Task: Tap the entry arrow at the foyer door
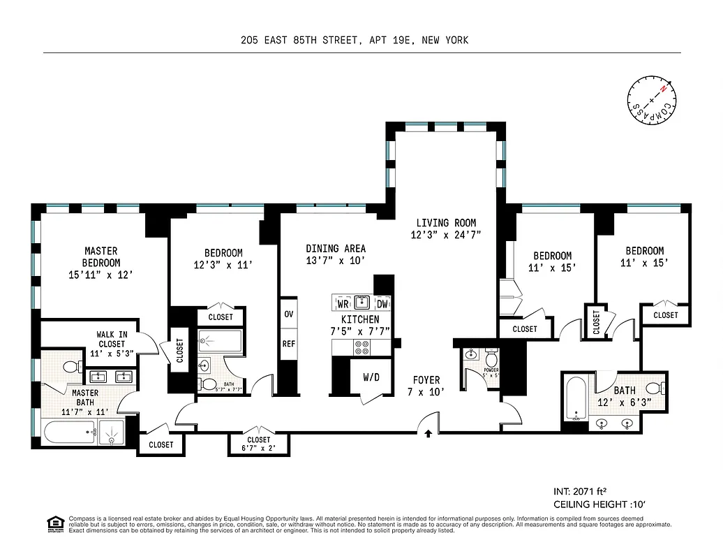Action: click(428, 434)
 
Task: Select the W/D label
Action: click(371, 377)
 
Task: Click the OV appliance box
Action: click(288, 314)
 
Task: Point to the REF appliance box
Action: click(288, 344)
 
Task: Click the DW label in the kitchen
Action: click(382, 304)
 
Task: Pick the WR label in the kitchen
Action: click(343, 304)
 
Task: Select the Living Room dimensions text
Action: click(445, 235)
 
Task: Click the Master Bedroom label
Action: click(101, 256)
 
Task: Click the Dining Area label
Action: click(335, 248)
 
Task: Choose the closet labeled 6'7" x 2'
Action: click(259, 444)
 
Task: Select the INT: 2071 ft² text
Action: click(583, 491)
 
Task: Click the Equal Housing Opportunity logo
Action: click(54, 523)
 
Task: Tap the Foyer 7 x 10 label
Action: click(426, 386)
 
